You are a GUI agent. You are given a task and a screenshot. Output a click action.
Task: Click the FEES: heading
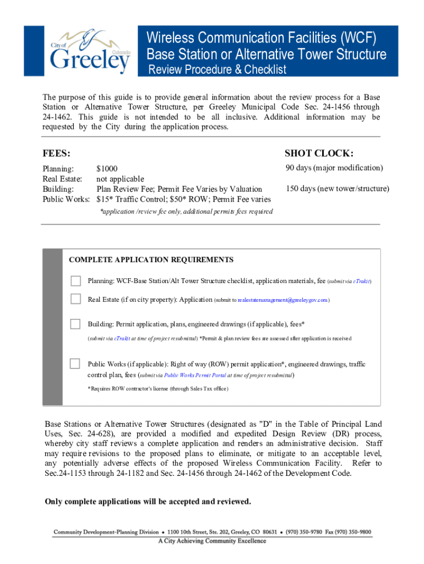56,153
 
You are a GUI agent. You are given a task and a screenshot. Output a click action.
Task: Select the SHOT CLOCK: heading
319,153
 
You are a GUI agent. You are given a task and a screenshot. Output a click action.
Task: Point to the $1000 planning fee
107,169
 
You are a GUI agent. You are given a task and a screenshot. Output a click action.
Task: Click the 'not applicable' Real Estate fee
120,179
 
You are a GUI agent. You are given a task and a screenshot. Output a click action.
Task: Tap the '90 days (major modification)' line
334,168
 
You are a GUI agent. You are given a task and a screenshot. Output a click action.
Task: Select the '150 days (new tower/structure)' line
337,189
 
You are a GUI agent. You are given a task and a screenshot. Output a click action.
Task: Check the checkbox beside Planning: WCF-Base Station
75,281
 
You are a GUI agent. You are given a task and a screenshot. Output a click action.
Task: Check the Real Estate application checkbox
75,299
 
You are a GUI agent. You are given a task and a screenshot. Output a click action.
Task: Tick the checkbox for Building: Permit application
75,323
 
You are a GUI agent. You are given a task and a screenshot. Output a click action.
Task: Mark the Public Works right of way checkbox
75,364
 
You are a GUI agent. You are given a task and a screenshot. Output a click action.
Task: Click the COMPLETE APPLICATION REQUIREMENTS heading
151,260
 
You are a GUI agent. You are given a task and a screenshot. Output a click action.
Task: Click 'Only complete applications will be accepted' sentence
147,501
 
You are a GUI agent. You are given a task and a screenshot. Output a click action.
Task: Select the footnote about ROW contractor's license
158,389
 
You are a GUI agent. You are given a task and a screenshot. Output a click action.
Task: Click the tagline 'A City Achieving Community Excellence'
212,541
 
